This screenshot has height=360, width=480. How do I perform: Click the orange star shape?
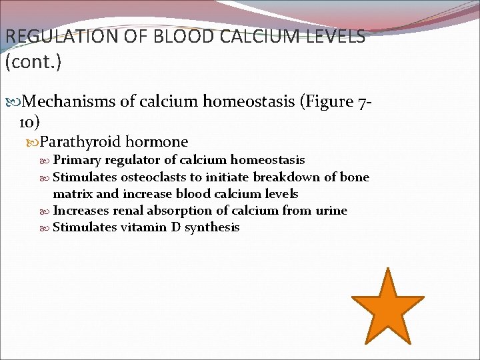click(387, 307)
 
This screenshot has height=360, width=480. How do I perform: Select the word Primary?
click(77, 160)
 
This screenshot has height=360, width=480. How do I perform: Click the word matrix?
click(73, 194)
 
